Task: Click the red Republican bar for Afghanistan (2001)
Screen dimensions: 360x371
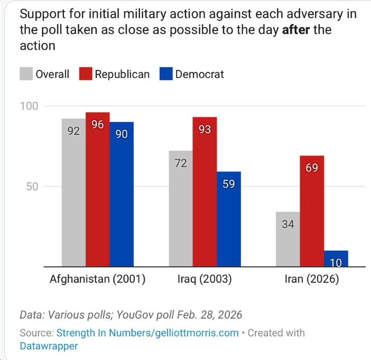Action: click(97, 190)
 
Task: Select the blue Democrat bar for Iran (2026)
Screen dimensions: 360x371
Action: click(336, 259)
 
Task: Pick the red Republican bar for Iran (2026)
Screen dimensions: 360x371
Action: click(311, 211)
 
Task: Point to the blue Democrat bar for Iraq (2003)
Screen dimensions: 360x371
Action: click(229, 219)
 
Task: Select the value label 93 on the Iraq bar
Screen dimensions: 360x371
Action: click(205, 129)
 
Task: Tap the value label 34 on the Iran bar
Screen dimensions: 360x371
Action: click(287, 224)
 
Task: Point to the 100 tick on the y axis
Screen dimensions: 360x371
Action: click(29, 106)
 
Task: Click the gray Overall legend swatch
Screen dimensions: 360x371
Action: click(26, 74)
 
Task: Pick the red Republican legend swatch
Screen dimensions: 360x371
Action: click(86, 74)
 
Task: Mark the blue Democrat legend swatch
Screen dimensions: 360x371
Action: click(166, 74)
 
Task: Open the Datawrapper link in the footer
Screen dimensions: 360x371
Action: click(49, 346)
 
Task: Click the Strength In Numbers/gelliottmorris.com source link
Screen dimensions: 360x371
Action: click(147, 333)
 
